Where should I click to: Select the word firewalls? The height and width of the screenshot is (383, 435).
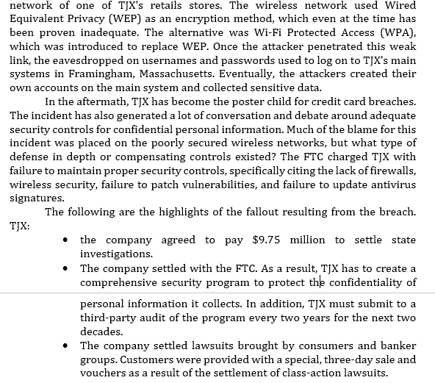pyautogui.click(x=388, y=171)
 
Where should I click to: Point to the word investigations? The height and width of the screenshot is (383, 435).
pyautogui.click(x=116, y=254)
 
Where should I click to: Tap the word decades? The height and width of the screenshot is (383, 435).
pyautogui.click(x=101, y=332)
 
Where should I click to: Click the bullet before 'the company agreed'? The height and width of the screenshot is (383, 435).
pyautogui.click(x=66, y=240)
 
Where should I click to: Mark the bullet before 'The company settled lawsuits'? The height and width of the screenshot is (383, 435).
pyautogui.click(x=66, y=346)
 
